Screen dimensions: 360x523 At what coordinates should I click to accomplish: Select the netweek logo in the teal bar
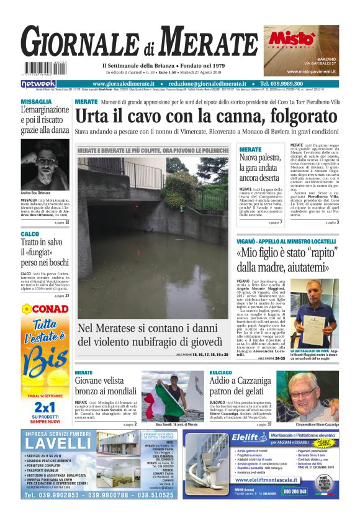(x=38, y=84)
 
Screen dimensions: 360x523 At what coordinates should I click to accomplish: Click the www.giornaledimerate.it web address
(x=126, y=84)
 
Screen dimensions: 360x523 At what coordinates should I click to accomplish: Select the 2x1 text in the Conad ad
(x=45, y=407)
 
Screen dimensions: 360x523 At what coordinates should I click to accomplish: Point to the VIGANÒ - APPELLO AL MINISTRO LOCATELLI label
(x=285, y=241)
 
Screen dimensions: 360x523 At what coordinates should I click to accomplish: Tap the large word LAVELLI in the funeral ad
(x=58, y=443)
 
